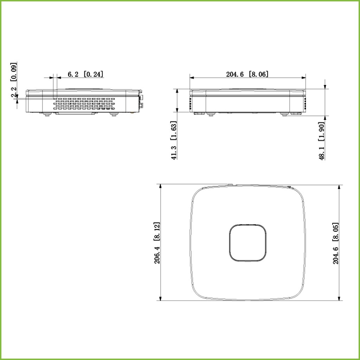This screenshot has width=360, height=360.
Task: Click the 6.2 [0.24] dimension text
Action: coord(85,74)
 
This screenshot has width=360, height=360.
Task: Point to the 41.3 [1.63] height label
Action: coord(174,140)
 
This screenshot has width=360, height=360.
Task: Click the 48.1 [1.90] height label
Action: coord(321,141)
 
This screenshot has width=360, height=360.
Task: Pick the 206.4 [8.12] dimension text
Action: coord(157,243)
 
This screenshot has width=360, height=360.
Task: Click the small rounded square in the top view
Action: coord(248,243)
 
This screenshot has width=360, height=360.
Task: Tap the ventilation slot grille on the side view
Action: coord(84,104)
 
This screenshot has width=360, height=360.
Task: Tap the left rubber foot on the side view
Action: coord(46,114)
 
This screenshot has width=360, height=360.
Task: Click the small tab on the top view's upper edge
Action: coord(230,184)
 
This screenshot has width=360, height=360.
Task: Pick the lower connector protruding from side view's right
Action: coord(141,104)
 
